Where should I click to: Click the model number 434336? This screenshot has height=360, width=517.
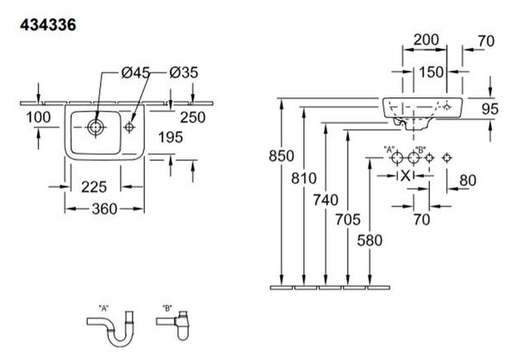48,25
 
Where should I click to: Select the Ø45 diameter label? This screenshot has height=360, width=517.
135,72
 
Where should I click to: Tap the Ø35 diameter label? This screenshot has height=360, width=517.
184,72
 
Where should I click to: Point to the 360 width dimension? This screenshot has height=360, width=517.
104,209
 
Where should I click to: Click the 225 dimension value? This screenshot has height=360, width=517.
94,187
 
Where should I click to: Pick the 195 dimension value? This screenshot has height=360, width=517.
171,138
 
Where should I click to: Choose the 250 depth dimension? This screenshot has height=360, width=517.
193,117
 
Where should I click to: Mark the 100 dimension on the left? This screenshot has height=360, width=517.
38,117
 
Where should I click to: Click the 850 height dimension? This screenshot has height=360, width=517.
281,156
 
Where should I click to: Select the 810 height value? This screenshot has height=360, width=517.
303,178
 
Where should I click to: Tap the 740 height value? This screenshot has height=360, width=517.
326,200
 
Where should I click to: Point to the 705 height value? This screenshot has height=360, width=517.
348,220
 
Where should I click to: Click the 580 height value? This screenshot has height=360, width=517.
370,240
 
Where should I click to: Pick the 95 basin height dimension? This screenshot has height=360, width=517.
490,109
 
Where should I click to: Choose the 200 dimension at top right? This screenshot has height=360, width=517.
427,40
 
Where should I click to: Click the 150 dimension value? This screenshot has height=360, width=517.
432,72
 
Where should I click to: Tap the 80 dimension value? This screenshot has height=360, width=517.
468,181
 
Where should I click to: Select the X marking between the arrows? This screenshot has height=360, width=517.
406,176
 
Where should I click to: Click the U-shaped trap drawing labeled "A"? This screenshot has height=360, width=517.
111,329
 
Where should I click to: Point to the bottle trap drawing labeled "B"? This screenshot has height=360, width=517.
173,325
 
